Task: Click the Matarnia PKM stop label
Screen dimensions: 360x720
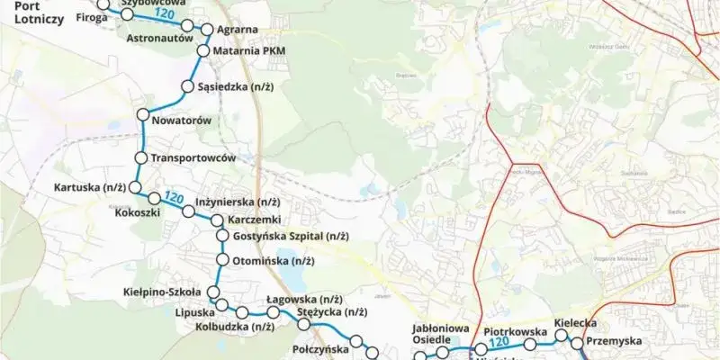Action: tap(248, 52)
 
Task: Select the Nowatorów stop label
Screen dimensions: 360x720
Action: tap(181, 121)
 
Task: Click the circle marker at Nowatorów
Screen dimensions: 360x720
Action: tap(142, 114)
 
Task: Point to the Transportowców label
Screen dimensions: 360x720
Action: tap(193, 157)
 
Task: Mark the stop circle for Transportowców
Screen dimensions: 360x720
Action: tap(140, 158)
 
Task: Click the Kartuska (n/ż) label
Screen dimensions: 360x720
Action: tap(87, 187)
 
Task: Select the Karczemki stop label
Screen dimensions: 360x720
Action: tap(256, 220)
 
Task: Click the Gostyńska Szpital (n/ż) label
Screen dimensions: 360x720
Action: tap(290, 237)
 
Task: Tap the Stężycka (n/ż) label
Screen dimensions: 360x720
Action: tap(333, 312)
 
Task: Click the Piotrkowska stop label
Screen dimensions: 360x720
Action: tap(516, 331)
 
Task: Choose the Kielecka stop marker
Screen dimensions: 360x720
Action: tap(562, 336)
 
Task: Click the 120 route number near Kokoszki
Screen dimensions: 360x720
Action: tap(175, 198)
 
